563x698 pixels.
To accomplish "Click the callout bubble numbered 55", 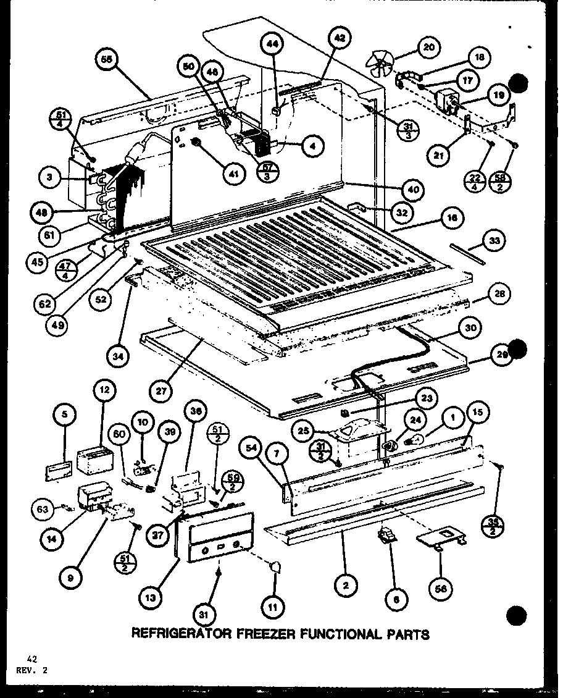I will tap(107, 61).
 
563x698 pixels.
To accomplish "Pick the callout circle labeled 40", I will tap(412, 190).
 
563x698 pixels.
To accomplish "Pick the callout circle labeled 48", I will tap(40, 212).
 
